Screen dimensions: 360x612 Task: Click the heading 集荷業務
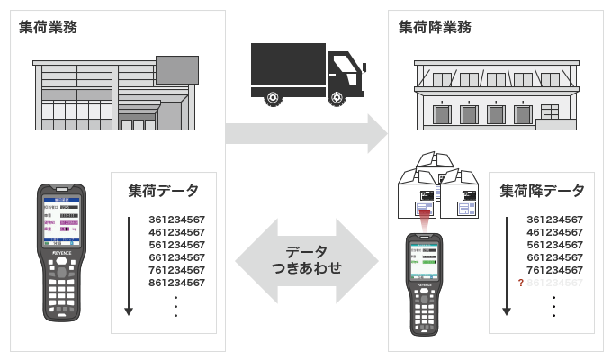point(48,27)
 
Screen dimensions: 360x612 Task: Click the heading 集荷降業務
point(435,27)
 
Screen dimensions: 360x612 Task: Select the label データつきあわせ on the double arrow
point(307,260)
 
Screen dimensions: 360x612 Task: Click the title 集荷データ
point(163,191)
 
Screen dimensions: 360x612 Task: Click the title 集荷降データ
point(542,191)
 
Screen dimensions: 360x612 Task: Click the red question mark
point(520,283)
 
